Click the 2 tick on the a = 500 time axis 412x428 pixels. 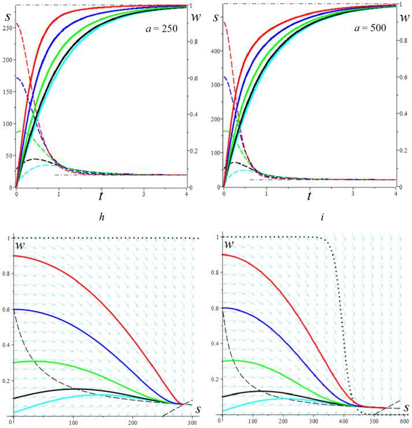coord(309,191)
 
